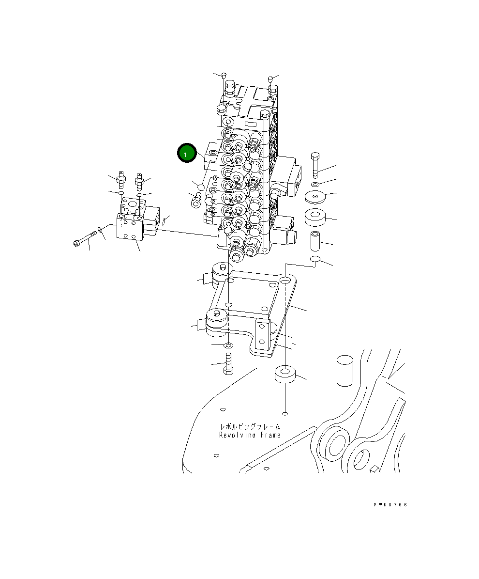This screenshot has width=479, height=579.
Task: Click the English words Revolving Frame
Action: pyautogui.click(x=250, y=435)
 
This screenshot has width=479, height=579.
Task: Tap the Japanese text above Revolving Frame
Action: pyautogui.click(x=250, y=426)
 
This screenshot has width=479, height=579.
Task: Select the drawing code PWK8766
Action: pyautogui.click(x=390, y=504)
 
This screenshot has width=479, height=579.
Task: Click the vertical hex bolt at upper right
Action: pyautogui.click(x=315, y=165)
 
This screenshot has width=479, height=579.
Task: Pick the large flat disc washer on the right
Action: pyautogui.click(x=315, y=197)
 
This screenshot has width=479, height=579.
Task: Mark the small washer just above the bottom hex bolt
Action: pyautogui.click(x=228, y=345)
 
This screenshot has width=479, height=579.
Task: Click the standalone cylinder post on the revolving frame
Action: pyautogui.click(x=344, y=371)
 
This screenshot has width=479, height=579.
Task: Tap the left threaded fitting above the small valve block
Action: pyautogui.click(x=120, y=180)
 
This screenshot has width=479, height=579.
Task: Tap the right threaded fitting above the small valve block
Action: pyautogui.click(x=140, y=182)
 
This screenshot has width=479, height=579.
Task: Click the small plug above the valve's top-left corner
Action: pyautogui.click(x=224, y=75)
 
